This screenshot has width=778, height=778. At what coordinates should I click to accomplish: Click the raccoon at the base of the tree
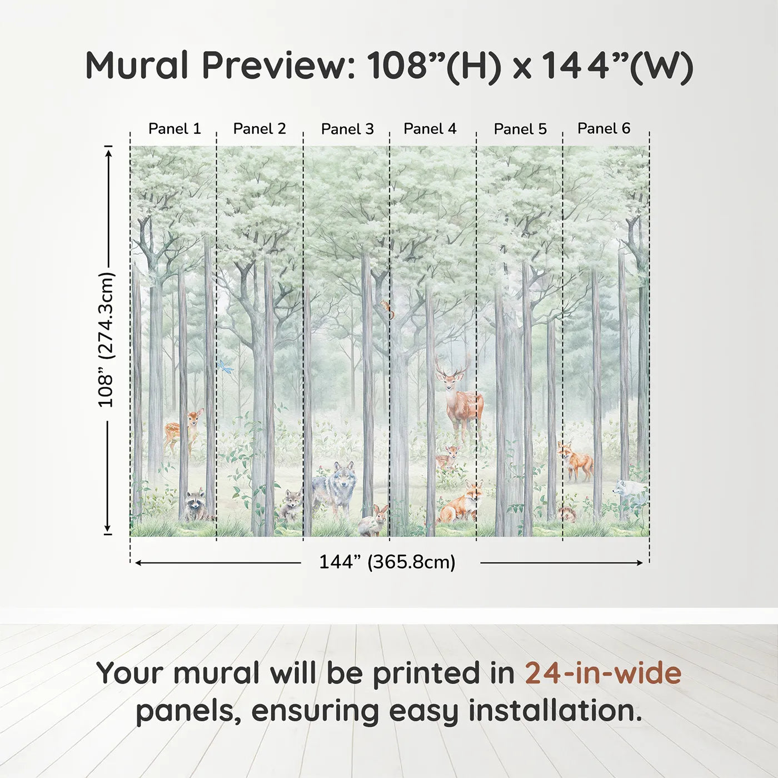(x=196, y=505)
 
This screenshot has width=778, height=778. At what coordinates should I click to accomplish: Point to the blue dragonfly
(x=224, y=366)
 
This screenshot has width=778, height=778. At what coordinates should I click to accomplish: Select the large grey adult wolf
(x=336, y=488)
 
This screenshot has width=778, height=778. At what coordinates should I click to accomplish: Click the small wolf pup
(x=291, y=504)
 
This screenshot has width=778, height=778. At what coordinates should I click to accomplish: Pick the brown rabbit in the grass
(x=374, y=521)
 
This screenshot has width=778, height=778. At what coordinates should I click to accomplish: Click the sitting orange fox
(x=461, y=503)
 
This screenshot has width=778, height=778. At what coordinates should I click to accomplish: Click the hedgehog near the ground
(x=567, y=515)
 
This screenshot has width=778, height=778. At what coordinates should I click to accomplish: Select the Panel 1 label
(x=174, y=129)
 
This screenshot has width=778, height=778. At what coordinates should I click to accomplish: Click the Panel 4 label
(x=430, y=129)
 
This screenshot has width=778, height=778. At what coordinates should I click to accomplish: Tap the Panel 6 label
(x=604, y=129)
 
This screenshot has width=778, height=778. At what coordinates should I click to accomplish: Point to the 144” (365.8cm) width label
(x=387, y=562)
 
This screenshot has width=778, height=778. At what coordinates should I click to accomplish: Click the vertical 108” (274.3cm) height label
(x=106, y=340)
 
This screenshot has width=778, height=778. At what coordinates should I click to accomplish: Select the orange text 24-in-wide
(x=603, y=674)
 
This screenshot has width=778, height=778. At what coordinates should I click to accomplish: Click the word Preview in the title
(x=275, y=66)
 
